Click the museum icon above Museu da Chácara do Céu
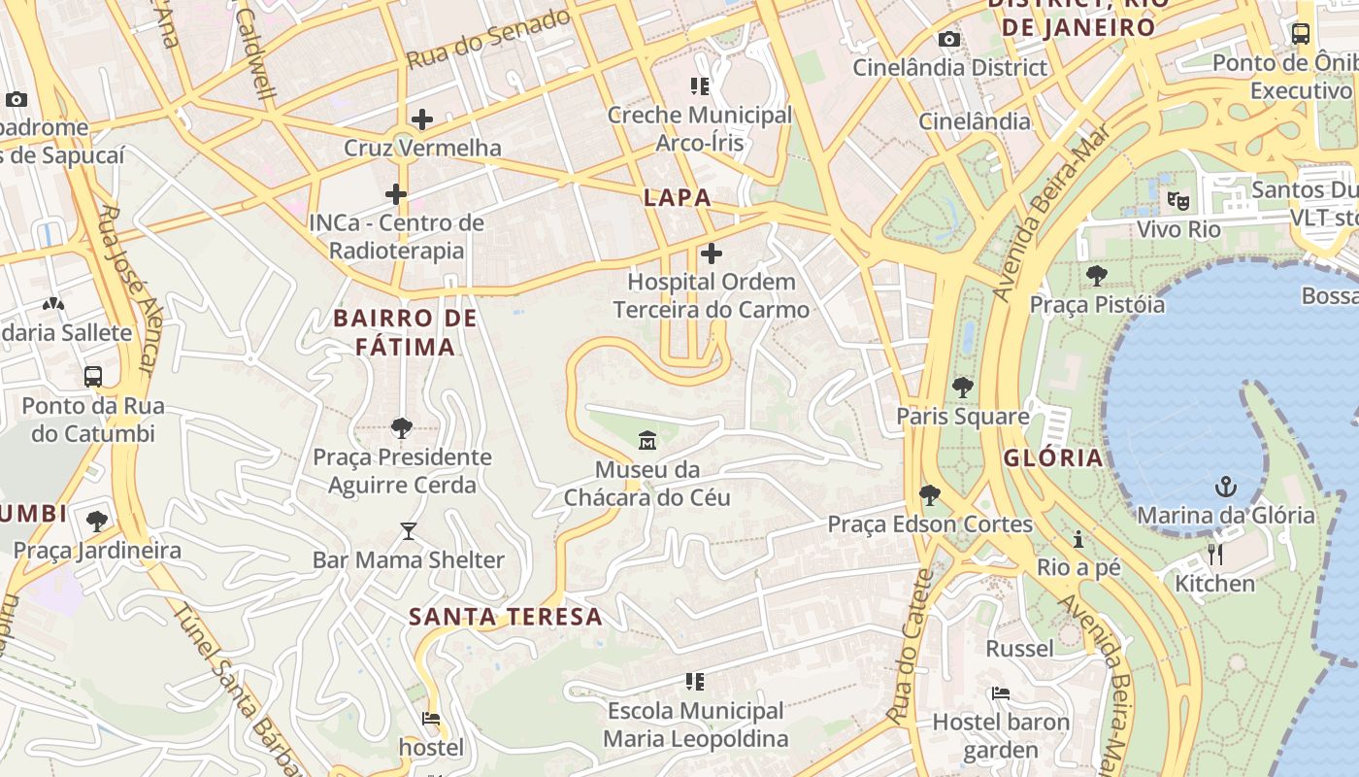point(647,441)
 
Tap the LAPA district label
point(678,197)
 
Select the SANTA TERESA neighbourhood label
point(506,617)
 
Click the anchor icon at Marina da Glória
point(1226,486)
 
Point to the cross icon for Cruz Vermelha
point(422,119)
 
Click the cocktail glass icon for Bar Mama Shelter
point(408,531)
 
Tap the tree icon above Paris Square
point(962,388)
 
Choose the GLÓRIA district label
point(1054,457)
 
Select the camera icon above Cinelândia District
point(949,39)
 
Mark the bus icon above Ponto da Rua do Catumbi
point(93,376)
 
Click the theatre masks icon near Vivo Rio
point(1178,201)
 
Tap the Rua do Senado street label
point(487,39)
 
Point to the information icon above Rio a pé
point(1078,539)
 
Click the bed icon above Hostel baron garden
point(1001,693)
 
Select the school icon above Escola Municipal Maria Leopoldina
point(695,682)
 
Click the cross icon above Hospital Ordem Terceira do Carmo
point(712,253)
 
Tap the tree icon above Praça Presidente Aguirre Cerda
point(401,427)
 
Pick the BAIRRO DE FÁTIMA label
point(406,332)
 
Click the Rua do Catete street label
point(910,646)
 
